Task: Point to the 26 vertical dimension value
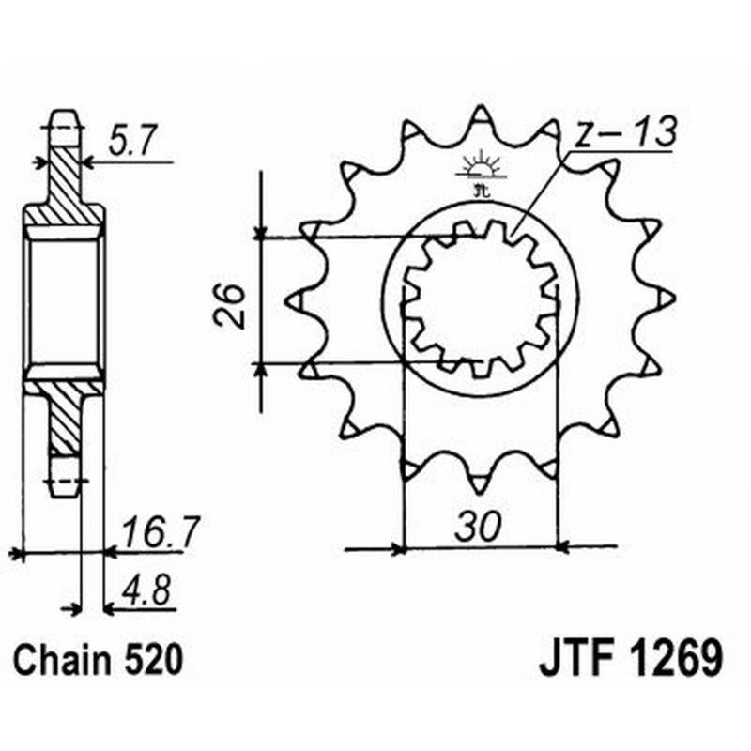pos(230,302)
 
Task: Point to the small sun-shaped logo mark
pos(480,170)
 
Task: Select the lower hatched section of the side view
pos(64,418)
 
